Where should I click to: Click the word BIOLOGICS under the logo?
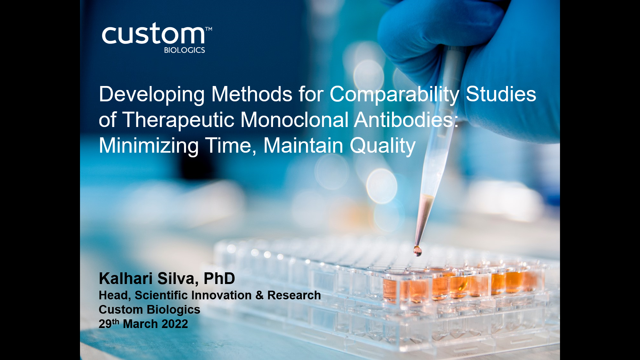pyautogui.click(x=184, y=50)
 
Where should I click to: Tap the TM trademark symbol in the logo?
pyautogui.click(x=208, y=29)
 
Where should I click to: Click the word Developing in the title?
pyautogui.click(x=152, y=95)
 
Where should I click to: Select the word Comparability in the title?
pyautogui.click(x=394, y=95)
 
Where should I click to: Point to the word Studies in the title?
pyautogui.click(x=501, y=94)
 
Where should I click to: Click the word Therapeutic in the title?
pyautogui.click(x=178, y=120)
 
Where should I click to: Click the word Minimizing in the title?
pyautogui.click(x=149, y=146)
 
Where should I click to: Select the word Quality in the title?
pyautogui.click(x=383, y=146)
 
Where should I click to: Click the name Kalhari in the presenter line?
pyautogui.click(x=126, y=278)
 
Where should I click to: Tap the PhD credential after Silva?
pyautogui.click(x=219, y=278)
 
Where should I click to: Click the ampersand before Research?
pyautogui.click(x=260, y=295)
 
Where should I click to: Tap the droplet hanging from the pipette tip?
pyautogui.click(x=417, y=250)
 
